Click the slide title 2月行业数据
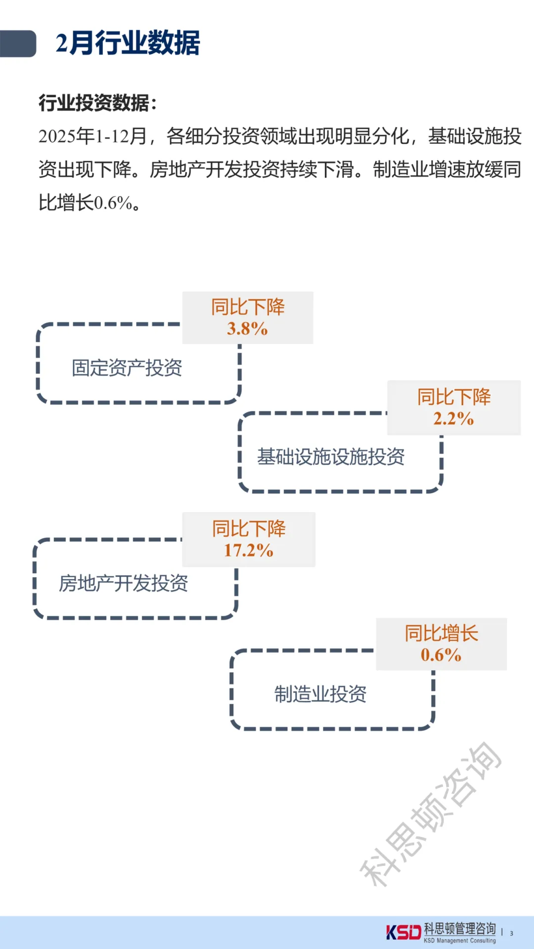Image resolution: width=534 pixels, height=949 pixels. coord(128,43)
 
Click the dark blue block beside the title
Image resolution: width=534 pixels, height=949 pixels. coord(18,43)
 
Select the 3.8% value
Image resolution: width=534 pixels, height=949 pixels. coord(247,329)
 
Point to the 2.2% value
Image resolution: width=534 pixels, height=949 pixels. coord(453,419)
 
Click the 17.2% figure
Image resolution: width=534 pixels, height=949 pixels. coord(248,550)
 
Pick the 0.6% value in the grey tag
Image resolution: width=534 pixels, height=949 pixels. coord(441,655)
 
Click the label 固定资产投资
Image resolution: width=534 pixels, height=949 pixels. coord(127,368)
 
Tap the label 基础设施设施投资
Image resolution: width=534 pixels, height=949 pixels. coord(331,457)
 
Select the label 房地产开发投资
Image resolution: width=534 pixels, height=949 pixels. coord(124,583)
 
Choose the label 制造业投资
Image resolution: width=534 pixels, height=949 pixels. coord(320,694)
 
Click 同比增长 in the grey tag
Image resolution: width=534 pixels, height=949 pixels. coord(442,633)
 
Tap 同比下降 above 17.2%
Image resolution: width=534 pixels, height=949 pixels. coord(249,528)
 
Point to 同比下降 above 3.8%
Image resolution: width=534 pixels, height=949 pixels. coord(248,307)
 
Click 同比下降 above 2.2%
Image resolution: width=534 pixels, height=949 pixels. coord(454,397)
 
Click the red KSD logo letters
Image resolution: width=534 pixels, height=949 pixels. coord(403,932)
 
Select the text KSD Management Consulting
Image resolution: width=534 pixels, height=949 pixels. coord(459,941)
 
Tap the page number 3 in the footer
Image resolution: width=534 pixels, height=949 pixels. coord(512,933)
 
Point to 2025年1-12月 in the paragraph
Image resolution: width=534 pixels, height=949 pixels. coord(93,136)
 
